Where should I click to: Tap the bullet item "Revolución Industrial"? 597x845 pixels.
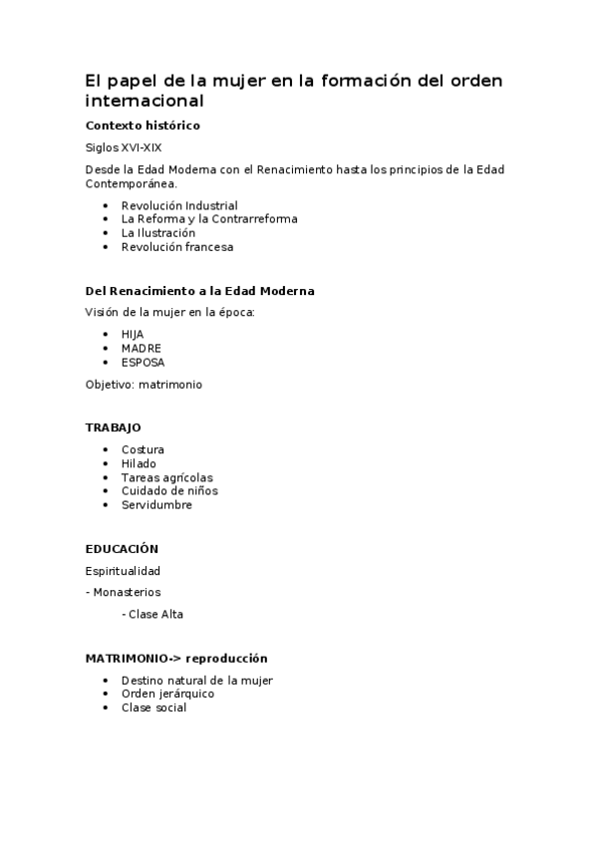[179, 205]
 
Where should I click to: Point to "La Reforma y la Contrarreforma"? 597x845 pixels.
[209, 219]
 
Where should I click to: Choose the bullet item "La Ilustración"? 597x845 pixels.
[158, 233]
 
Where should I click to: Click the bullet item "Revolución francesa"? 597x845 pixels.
[177, 247]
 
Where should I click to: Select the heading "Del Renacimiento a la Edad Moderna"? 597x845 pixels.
[199, 291]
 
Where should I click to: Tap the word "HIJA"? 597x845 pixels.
[133, 334]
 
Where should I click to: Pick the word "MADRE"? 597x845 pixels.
[141, 348]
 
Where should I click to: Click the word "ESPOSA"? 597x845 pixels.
[144, 362]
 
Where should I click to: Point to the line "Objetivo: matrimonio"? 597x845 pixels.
[144, 384]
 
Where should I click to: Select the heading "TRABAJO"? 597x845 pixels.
[114, 427]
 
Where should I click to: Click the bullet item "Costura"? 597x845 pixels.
[143, 449]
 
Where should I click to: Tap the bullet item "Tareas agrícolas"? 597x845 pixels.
[166, 477]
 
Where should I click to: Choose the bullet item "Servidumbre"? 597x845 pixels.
[156, 505]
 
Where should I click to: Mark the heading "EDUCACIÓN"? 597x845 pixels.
[122, 549]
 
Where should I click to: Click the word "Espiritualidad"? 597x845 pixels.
[123, 571]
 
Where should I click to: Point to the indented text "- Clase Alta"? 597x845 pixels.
[152, 615]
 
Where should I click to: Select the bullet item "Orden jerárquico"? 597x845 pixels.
[167, 694]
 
